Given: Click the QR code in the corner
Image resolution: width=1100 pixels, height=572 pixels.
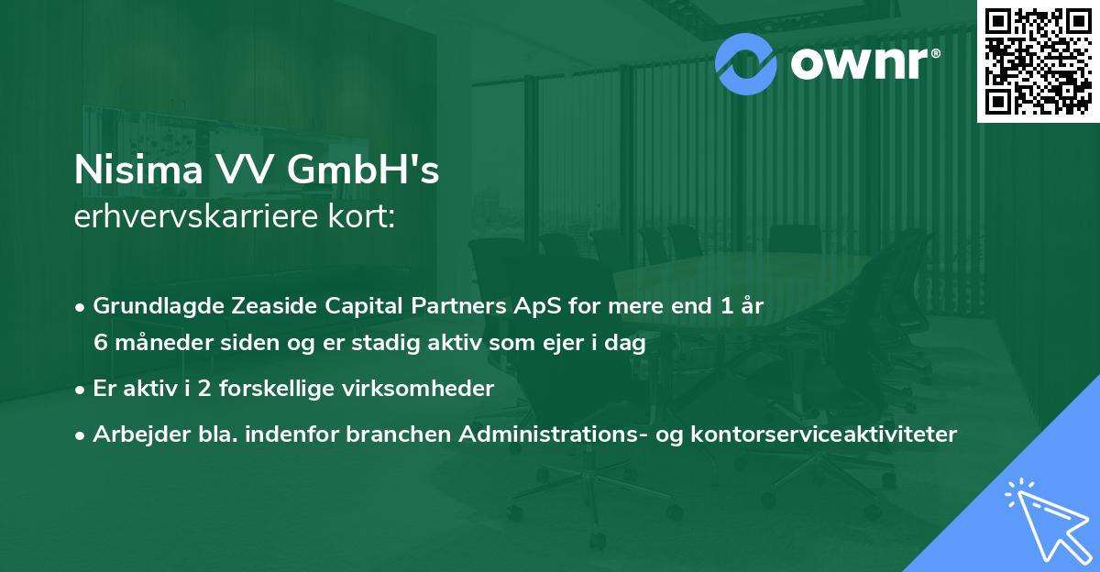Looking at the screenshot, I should point(1038,60).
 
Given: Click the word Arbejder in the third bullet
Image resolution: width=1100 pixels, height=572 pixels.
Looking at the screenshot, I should point(131,434).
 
